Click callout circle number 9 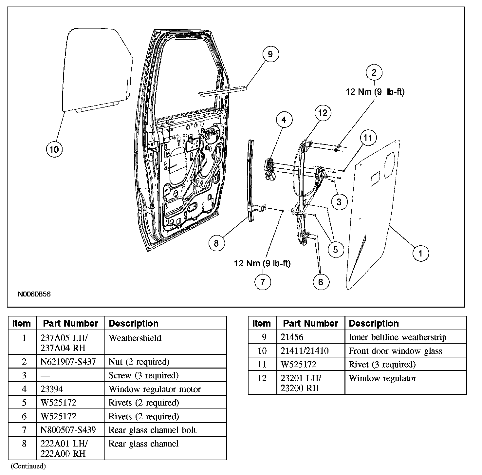270,54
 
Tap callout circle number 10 54,149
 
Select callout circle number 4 284,120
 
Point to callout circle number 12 323,113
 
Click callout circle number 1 420,253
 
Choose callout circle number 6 320,282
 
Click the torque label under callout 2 375,92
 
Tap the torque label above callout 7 262,263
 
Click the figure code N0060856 34,294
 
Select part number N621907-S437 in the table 68,362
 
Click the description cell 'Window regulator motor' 155,389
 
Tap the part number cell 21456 292,337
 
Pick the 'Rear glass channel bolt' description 152,430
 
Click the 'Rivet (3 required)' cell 382,364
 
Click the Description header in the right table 374,323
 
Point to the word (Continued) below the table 28,466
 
